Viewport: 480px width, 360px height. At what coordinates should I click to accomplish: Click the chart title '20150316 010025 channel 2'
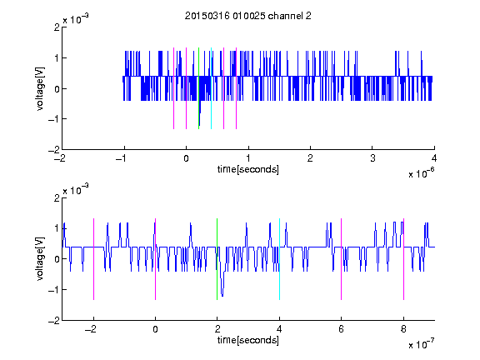pyautogui.click(x=248, y=16)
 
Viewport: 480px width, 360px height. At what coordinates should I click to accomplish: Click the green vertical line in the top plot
pyautogui.click(x=198, y=88)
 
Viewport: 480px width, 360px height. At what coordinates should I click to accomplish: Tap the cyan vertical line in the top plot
pyautogui.click(x=211, y=88)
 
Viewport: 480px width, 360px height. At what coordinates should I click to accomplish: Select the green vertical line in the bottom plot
pyautogui.click(x=217, y=259)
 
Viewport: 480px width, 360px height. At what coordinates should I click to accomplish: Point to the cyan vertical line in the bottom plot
pyautogui.click(x=279, y=259)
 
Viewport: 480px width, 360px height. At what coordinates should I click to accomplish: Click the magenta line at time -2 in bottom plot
pyautogui.click(x=93, y=259)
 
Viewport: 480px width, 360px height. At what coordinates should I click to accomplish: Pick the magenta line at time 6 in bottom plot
pyautogui.click(x=342, y=259)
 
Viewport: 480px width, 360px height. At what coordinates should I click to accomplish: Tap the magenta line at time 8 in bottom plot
pyautogui.click(x=404, y=259)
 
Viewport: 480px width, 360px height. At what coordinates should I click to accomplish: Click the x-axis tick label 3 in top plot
pyautogui.click(x=372, y=158)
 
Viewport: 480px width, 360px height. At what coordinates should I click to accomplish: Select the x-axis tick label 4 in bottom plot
pyautogui.click(x=279, y=329)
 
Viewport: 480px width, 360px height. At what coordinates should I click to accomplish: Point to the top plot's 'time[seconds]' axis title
pyautogui.click(x=248, y=169)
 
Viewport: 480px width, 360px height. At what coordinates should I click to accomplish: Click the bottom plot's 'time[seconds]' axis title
pyautogui.click(x=248, y=340)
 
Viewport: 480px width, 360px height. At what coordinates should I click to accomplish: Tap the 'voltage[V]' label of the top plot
pyautogui.click(x=40, y=88)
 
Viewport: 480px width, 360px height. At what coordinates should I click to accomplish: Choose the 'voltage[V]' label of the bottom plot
pyautogui.click(x=40, y=258)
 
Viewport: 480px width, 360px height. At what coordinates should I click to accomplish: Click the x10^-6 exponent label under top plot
pyautogui.click(x=422, y=173)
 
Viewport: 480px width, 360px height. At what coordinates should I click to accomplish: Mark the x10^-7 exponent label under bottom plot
pyautogui.click(x=422, y=344)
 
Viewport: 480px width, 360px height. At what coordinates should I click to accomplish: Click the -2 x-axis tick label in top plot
pyautogui.click(x=59, y=158)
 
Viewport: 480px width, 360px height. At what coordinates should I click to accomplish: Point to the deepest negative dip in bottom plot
pyautogui.click(x=222, y=296)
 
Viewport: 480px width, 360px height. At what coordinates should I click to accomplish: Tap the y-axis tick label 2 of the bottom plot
pyautogui.click(x=57, y=198)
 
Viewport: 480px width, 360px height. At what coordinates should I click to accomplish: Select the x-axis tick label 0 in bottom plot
pyautogui.click(x=156, y=329)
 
